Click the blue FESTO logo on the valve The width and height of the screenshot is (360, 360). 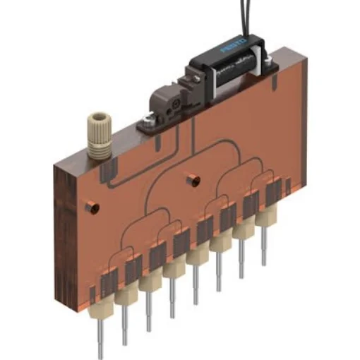point(234,49)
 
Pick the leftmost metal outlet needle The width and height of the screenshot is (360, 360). point(101,338)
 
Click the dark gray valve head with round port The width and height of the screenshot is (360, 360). point(169,102)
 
